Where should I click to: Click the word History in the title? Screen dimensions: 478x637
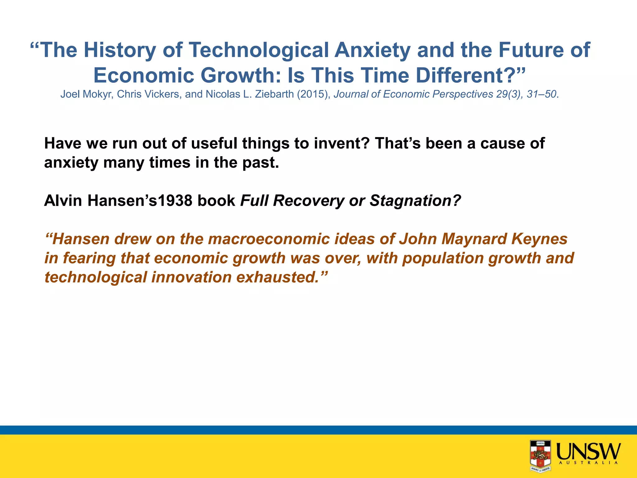click(119, 50)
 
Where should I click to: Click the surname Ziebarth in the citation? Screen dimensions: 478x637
click(274, 94)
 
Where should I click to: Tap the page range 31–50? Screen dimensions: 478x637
click(541, 94)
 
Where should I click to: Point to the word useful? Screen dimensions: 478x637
click(215, 143)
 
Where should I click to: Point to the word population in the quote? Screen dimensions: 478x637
click(443, 258)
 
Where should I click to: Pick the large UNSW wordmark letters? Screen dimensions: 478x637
click(588, 451)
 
